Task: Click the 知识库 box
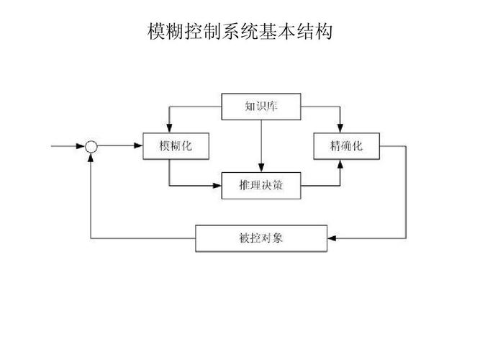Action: coord(261,107)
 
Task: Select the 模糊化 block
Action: coord(176,145)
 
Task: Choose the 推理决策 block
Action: coord(261,185)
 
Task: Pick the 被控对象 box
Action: coord(261,237)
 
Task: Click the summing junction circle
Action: coord(91,146)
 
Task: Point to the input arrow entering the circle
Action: coord(68,146)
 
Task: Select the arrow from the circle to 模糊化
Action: coord(119,146)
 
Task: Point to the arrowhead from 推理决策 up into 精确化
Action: coord(340,163)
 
